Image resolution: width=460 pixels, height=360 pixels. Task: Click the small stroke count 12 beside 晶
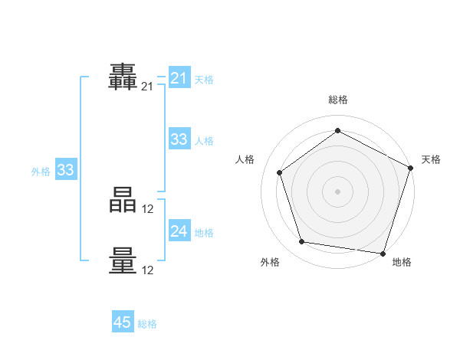(x=148, y=208)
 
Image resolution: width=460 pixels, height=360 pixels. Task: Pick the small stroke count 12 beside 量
(x=148, y=270)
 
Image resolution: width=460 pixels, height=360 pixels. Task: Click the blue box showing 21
(x=179, y=78)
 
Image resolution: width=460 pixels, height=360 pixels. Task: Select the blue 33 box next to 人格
(x=179, y=139)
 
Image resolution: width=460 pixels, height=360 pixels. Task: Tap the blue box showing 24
(x=179, y=231)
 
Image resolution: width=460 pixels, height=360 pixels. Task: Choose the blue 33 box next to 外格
(x=65, y=170)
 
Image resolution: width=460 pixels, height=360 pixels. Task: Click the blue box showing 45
(x=123, y=322)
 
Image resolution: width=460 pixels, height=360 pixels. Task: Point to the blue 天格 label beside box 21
(x=204, y=79)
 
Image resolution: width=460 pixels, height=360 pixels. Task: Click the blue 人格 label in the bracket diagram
(x=204, y=140)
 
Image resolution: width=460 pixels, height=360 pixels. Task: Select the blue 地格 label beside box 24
(x=204, y=232)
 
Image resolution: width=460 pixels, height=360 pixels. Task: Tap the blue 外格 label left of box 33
(x=41, y=171)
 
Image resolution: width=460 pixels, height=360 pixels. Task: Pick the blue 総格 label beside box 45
(x=147, y=323)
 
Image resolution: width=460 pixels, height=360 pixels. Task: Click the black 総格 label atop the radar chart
(x=338, y=100)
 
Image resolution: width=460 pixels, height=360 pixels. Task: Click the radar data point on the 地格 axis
(x=383, y=253)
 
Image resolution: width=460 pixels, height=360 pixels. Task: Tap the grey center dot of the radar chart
(x=338, y=191)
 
